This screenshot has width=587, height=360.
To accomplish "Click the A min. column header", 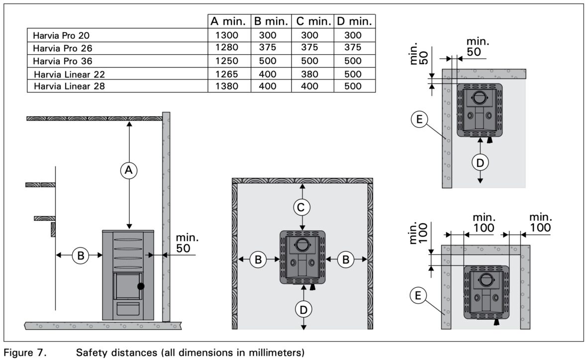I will pos(228,21).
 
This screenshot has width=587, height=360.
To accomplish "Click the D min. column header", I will pos(355,21).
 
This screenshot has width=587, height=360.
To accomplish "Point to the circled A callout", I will pos(129,170).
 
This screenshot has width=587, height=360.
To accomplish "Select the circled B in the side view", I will pos(80,255).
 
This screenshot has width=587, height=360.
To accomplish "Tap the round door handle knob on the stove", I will pos(141,286).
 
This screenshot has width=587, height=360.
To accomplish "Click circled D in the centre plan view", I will pos(303,309).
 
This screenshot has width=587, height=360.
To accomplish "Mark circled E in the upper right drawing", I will pos(419,119).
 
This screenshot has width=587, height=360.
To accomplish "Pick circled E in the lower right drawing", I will pos(419,295).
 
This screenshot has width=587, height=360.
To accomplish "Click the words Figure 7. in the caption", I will pos(25,353).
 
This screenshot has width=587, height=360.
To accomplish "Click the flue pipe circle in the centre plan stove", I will pos(302,244).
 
